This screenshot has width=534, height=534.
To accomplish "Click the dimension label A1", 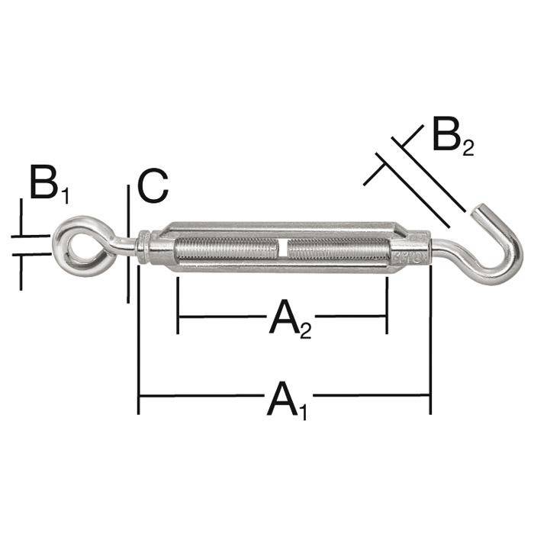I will [x=286, y=400].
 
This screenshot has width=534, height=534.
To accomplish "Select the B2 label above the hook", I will [x=452, y=137].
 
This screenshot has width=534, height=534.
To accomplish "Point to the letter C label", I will [x=153, y=186].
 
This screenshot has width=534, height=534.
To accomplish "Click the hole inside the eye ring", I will [x=77, y=245].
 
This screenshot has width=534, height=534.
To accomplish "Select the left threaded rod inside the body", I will [x=225, y=249].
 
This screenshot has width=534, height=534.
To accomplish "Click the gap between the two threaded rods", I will [x=282, y=249].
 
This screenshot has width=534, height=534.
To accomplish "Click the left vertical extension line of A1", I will [x=138, y=343].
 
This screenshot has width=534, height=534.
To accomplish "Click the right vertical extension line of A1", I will [x=431, y=343].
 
